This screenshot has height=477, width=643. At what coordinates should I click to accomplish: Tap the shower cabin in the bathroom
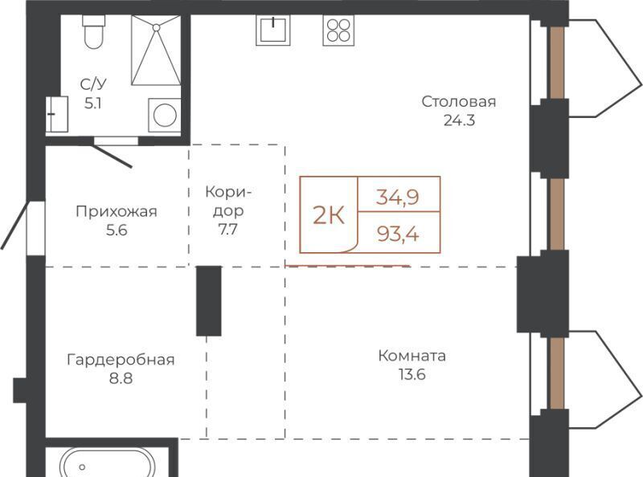pos(156,51)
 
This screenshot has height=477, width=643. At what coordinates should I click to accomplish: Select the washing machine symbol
pos(165,115)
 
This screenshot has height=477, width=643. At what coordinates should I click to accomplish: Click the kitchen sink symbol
pos(272,30)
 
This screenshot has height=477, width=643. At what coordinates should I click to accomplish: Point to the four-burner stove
pos(338,30)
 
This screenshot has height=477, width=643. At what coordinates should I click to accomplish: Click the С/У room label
pos(93,84)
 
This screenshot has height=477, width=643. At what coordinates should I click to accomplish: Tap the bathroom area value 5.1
pos(93,104)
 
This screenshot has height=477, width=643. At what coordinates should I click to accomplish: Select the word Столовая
pos(459,101)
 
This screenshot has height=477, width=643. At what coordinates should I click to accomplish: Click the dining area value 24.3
pos(459,120)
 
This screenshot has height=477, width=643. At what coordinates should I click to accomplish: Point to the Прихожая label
pos(117,212)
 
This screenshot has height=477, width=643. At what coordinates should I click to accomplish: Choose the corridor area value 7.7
pos(227,230)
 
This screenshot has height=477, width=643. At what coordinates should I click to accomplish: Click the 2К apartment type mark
pos(329,214)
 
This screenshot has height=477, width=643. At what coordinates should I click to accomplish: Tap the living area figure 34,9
pos(398,197)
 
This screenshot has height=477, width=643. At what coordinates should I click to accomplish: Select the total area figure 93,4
pos(398,234)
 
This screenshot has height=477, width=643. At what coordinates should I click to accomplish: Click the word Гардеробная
pos(121,360)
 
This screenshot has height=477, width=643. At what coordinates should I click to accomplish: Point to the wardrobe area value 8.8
pos(121,378)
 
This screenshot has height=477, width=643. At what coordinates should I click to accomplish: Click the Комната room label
pos(412,356)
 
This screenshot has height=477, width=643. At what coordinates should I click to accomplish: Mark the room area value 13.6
pos(412,374)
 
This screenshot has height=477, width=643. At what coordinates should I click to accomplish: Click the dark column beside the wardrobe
pos(209,301)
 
